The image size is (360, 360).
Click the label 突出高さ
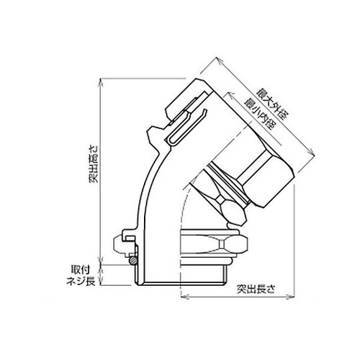tap(94, 164)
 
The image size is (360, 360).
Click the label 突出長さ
tap(256, 289)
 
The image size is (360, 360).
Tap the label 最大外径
tap(272, 104)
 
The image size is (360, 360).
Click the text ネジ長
tap(81, 281)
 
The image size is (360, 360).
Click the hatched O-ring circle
tap(132, 260)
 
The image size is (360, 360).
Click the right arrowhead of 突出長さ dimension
tap(291, 297)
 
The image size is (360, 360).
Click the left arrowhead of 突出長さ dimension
tap(184, 297)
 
